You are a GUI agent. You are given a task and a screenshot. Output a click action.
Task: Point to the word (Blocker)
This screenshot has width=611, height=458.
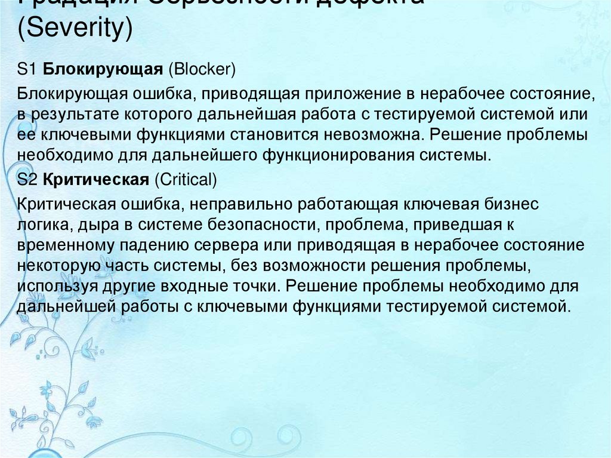coord(202,70)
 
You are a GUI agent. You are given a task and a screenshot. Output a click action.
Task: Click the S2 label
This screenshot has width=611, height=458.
coord(28,179)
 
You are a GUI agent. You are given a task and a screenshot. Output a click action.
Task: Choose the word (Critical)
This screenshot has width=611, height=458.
coord(186,179)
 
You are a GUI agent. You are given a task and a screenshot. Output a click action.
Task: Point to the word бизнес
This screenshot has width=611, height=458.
coord(510,204)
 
